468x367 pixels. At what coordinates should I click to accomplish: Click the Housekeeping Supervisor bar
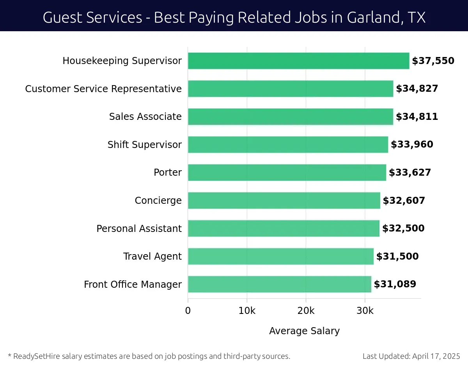[x=298, y=61]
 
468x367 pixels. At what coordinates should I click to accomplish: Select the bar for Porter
[x=287, y=173]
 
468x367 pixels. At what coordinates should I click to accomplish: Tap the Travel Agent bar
[x=280, y=257]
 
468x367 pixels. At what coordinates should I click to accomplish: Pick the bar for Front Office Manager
[x=279, y=284]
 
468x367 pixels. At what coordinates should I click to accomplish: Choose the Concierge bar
[x=284, y=201]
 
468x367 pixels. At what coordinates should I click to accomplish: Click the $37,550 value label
[x=433, y=61]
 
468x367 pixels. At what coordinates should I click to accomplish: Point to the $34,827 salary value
[x=417, y=89]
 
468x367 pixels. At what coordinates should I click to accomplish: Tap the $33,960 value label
[x=412, y=145]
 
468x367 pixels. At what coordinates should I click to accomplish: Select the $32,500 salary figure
[x=403, y=228]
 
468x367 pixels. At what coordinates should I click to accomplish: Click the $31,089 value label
[x=395, y=284]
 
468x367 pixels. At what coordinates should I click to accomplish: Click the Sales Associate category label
[x=145, y=117]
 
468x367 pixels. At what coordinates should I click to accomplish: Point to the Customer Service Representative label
[x=103, y=89]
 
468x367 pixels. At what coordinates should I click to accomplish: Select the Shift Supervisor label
[x=144, y=145]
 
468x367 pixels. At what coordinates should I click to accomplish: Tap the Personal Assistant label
[x=139, y=229]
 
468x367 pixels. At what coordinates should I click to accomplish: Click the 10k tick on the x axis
[x=247, y=311]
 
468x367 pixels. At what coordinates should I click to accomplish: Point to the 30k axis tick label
[x=365, y=311]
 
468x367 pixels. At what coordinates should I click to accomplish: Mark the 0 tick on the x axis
[x=188, y=311]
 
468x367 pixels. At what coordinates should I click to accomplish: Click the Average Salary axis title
[x=304, y=331]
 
